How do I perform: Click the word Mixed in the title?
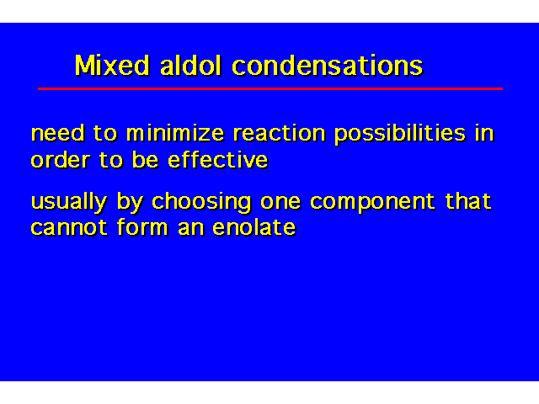(x=112, y=65)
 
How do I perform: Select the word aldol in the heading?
(x=190, y=65)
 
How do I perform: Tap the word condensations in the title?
(x=328, y=65)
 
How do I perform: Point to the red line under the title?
(x=270, y=88)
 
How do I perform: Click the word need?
(x=58, y=133)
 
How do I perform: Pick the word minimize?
(x=175, y=133)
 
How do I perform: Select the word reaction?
(x=279, y=133)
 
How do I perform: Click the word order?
(x=61, y=160)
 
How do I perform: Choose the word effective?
(x=217, y=160)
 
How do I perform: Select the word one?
(x=280, y=202)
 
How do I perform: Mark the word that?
(x=468, y=201)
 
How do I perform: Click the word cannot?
(x=69, y=228)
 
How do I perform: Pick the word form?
(x=142, y=227)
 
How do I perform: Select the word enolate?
(x=254, y=227)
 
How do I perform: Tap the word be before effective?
(x=145, y=160)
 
